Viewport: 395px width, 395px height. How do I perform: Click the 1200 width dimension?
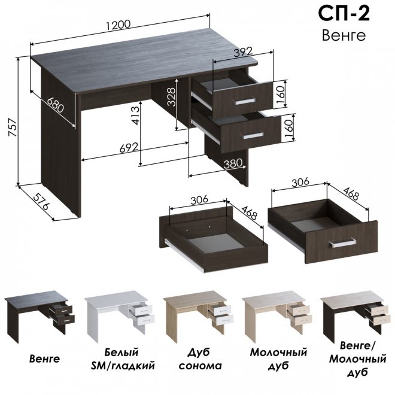118,25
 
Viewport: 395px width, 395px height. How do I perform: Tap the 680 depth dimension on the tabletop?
56,105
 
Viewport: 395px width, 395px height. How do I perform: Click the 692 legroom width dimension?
129,148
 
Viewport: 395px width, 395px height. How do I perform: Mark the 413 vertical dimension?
135,116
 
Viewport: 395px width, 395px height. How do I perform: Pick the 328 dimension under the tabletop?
171,97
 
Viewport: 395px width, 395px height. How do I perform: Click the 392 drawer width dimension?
243,52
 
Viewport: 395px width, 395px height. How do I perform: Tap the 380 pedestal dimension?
233,164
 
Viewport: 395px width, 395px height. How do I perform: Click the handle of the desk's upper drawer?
245,101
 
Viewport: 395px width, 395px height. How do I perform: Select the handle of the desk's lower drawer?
253,136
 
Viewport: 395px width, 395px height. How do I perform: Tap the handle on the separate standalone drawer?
342,243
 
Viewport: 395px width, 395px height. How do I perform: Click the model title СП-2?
344,13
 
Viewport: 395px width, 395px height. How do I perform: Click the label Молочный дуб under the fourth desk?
278,358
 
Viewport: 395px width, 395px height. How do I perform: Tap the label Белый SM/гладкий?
123,358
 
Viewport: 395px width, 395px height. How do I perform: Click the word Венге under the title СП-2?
344,35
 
